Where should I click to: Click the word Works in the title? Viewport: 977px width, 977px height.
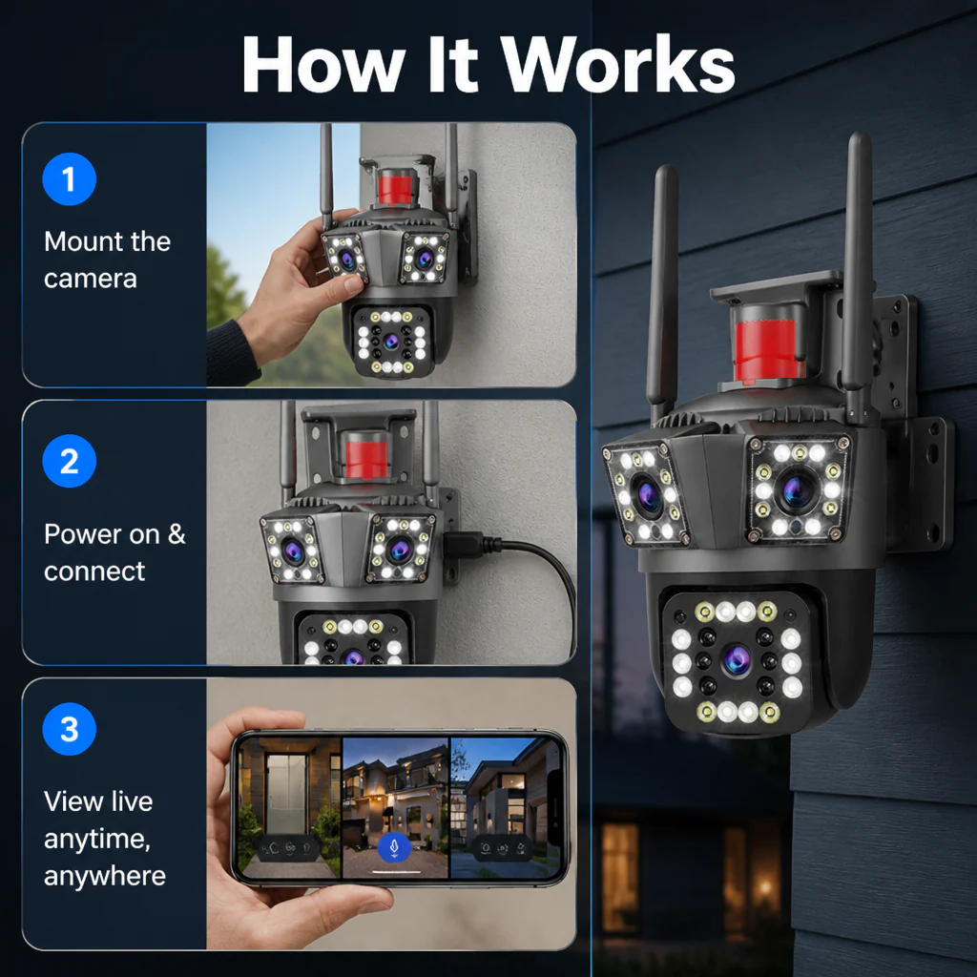coord(618,65)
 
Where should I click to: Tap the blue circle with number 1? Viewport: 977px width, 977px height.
coord(69,179)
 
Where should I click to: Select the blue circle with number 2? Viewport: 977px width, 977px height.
coord(69,461)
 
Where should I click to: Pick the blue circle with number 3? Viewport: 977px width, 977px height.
coord(69,729)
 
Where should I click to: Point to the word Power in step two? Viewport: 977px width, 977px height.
coord(81,534)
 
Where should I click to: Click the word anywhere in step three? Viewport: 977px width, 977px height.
coord(105,876)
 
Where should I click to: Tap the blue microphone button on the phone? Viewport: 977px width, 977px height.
coord(394,847)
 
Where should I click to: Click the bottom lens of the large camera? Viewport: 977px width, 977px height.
coord(737,660)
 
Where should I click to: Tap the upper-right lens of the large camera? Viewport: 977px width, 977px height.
coord(797,489)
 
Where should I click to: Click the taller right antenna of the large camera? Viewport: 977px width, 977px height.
coord(858,274)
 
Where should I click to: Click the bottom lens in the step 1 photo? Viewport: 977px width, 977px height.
coord(391,341)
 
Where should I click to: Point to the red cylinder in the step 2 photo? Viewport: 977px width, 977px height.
coord(366,459)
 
